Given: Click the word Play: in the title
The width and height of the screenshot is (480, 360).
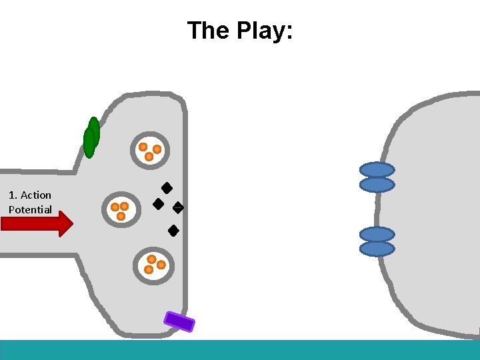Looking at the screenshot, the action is pyautogui.click(x=265, y=31).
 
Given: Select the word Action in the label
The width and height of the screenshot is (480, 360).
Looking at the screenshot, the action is pyautogui.click(x=36, y=195).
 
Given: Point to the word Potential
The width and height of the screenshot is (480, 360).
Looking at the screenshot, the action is pyautogui.click(x=30, y=209).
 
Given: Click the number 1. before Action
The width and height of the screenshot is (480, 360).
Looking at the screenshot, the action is pyautogui.click(x=13, y=195).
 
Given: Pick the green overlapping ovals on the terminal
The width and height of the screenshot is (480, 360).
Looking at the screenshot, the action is pyautogui.click(x=91, y=137).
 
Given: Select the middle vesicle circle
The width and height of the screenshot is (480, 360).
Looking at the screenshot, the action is pyautogui.click(x=121, y=210).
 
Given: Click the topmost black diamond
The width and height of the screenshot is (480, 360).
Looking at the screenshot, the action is pyautogui.click(x=167, y=188).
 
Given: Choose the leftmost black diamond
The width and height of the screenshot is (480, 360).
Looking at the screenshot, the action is pyautogui.click(x=159, y=204).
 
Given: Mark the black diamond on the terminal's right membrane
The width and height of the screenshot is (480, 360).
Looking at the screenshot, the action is pyautogui.click(x=178, y=207).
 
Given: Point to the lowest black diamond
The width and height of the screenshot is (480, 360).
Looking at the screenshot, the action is pyautogui.click(x=173, y=231).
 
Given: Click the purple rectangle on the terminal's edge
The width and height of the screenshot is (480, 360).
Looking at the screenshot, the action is pyautogui.click(x=179, y=321).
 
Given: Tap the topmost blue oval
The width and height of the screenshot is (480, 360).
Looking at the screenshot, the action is pyautogui.click(x=377, y=170).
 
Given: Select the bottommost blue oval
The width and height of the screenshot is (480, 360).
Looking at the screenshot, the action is pyautogui.click(x=377, y=249).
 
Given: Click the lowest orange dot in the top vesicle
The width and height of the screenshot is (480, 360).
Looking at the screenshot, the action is pyautogui.click(x=149, y=157).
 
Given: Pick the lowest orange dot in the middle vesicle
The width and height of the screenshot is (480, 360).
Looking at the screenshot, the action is pyautogui.click(x=121, y=216).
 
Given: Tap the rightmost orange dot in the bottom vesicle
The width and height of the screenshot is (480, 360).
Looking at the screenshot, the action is pyautogui.click(x=161, y=265).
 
